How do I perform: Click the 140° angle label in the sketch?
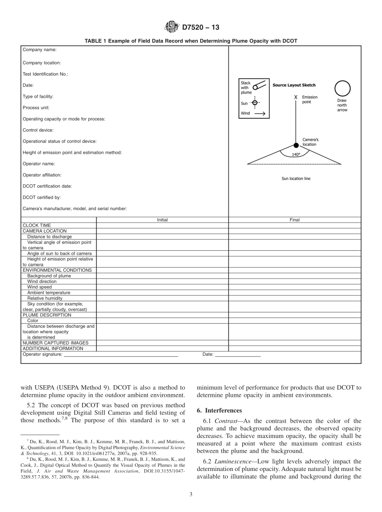click(296, 154)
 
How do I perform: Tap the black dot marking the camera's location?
click(296, 145)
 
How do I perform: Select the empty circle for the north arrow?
click(342, 89)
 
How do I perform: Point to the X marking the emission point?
click(296, 97)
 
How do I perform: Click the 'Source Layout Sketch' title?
click(294, 85)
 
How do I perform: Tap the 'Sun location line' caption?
click(296, 179)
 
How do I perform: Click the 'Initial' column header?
click(162, 220)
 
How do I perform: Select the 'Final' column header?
click(295, 220)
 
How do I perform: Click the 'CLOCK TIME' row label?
click(37, 225)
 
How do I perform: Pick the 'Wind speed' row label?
click(39, 287)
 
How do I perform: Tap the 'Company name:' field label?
click(39, 50)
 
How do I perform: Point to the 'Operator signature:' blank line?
click(121, 355)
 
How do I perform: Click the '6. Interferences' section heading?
click(219, 411)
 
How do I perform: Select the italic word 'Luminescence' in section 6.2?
click(224, 461)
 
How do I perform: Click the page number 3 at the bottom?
click(191, 495)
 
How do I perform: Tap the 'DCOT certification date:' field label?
click(47, 186)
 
